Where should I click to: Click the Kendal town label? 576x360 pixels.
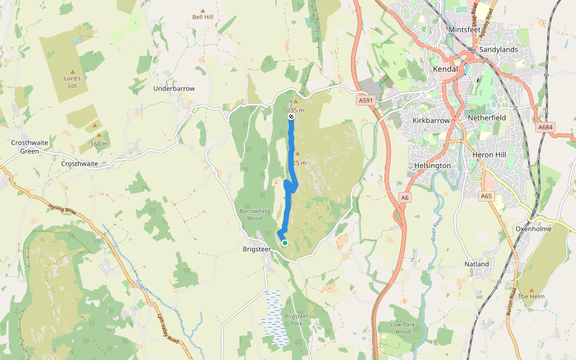(445, 69)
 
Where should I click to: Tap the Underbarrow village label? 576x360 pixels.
(174, 88)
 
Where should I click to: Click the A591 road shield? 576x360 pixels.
(365, 101)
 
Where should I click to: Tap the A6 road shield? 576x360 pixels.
(406, 197)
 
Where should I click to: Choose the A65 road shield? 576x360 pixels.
(486, 196)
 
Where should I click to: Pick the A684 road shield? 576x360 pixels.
(545, 128)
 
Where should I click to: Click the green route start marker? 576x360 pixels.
(285, 243)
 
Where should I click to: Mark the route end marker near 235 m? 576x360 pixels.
(291, 118)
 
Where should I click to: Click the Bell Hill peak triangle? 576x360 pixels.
(203, 11)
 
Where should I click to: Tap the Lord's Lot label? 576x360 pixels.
(72, 82)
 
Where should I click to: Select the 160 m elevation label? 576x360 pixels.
(99, 144)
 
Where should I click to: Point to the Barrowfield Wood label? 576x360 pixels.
(255, 214)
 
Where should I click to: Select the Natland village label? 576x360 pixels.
(477, 264)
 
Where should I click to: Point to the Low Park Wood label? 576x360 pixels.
(403, 328)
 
